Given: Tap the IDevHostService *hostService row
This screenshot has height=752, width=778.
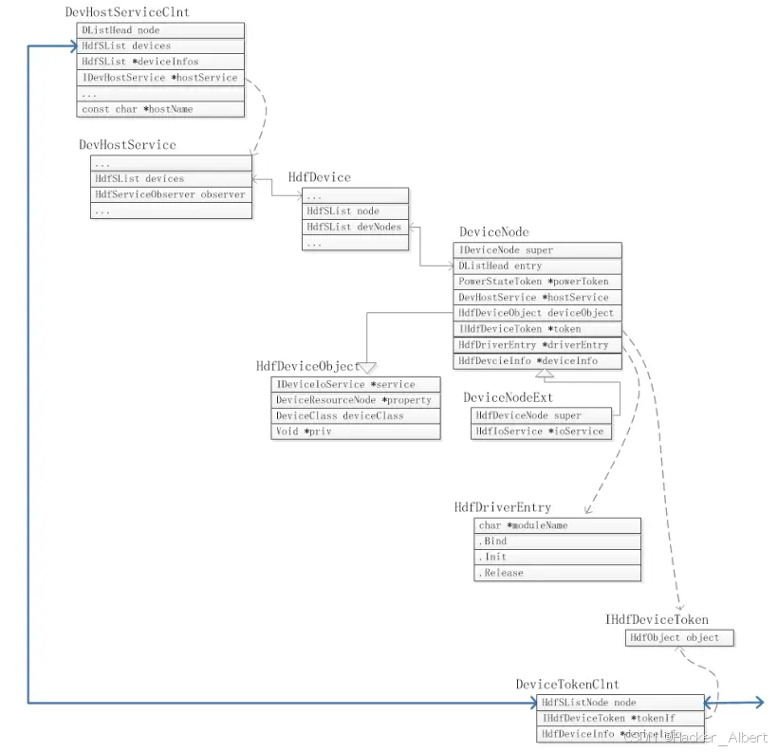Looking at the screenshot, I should [159, 77].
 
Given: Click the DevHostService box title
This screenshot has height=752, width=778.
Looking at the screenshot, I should [127, 145].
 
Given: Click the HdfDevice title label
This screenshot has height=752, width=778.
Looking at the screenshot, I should [319, 177].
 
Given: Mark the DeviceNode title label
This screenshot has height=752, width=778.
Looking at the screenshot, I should [494, 232].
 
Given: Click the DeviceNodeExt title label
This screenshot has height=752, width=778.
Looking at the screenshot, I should [508, 397].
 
